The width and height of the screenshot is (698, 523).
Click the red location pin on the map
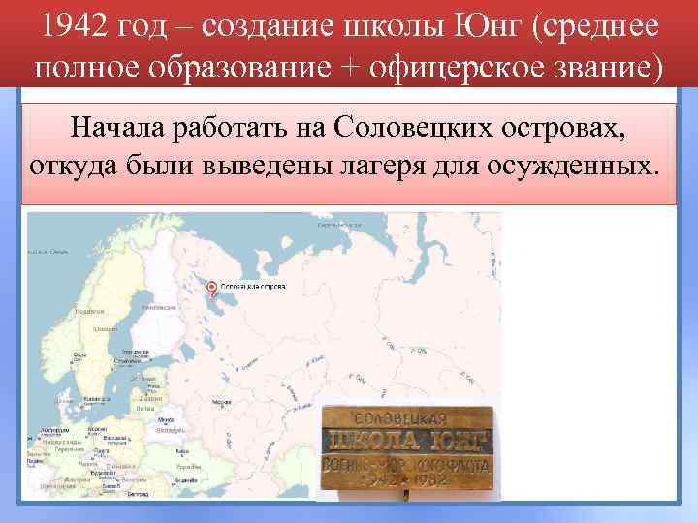212,287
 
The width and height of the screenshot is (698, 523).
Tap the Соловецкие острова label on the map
253,288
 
